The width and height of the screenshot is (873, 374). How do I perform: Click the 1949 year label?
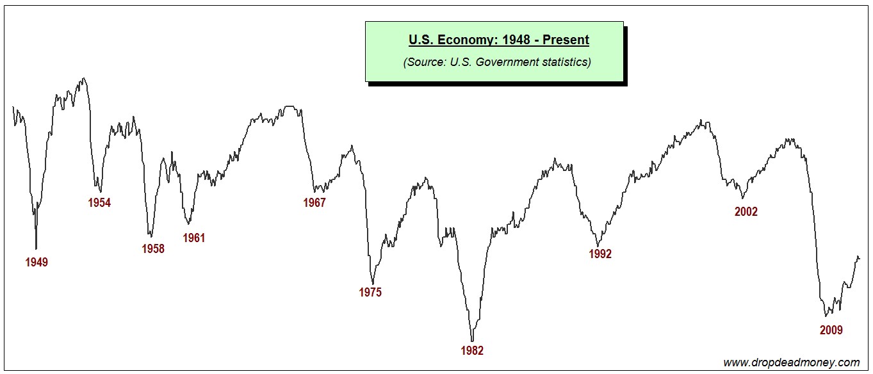[37, 262]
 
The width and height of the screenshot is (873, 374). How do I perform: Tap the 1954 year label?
[99, 203]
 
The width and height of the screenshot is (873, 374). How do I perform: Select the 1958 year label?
[153, 249]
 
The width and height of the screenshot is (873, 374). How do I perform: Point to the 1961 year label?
[194, 238]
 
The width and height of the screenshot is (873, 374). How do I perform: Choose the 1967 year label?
[314, 203]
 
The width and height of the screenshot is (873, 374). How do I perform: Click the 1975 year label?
[370, 293]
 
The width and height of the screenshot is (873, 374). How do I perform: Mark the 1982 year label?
[472, 350]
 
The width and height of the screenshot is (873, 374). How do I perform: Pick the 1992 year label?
[600, 254]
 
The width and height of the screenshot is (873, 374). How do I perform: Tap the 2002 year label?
[746, 212]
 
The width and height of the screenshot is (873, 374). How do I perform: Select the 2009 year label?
[831, 330]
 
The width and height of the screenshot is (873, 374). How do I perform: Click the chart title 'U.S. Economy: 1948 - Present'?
[499, 40]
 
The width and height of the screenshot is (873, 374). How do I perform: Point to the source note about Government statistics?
[497, 62]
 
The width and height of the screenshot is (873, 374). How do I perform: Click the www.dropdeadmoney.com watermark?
[792, 362]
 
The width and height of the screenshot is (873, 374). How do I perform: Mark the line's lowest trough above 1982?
[472, 341]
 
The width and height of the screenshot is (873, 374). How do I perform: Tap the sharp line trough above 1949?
[36, 248]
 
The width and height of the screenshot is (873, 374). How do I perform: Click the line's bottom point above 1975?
[373, 284]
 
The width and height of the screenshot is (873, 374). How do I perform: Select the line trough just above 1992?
[597, 246]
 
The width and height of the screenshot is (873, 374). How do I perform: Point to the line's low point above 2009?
[826, 316]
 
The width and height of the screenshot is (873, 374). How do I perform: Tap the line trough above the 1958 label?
[151, 236]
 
